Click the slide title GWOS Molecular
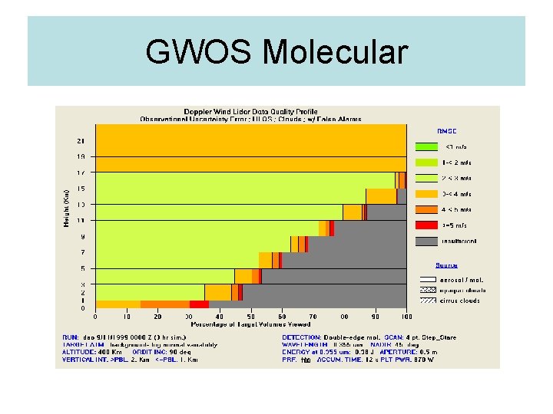(276, 52)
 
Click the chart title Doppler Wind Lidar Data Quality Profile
(250, 112)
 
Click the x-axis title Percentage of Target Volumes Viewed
(250, 324)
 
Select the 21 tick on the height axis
(81, 141)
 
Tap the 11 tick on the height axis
(81, 221)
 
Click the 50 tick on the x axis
(251, 316)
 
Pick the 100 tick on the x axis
(406, 316)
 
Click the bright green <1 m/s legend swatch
(426, 146)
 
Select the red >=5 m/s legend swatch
(426, 225)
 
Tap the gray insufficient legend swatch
(426, 241)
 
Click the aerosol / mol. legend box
(426, 279)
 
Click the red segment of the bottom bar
(199, 304)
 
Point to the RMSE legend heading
(426, 130)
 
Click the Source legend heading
(426, 265)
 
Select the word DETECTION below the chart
(301, 337)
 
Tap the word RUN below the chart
(68, 337)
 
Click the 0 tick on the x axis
(96, 316)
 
